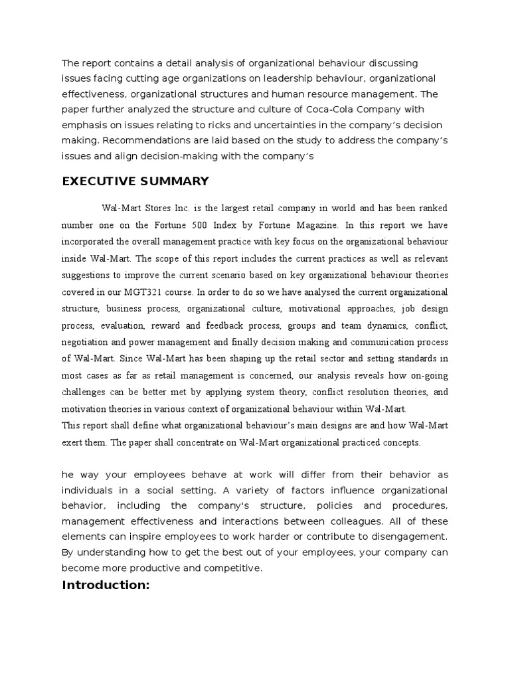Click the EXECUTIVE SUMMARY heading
pyautogui.click(x=135, y=181)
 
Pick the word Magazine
pyautogui.click(x=312, y=224)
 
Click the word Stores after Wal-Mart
pyautogui.click(x=155, y=207)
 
